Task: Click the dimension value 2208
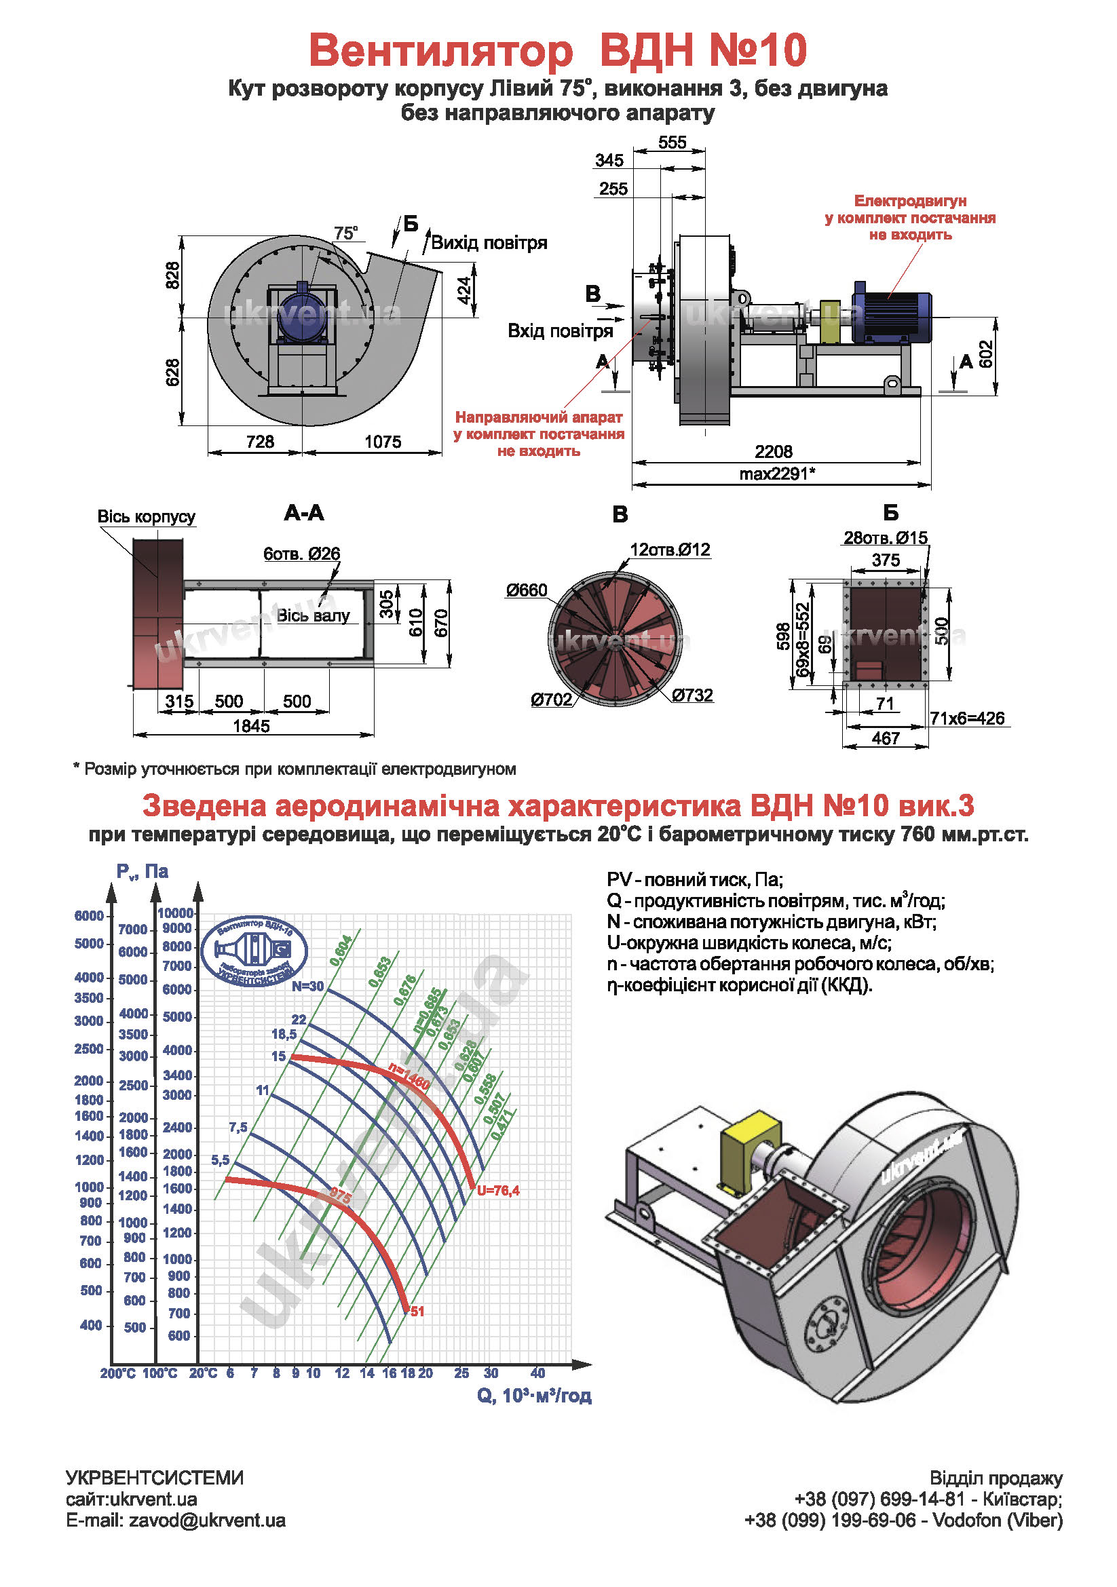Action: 773,451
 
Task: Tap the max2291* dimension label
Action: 777,474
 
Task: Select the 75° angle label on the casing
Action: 345,233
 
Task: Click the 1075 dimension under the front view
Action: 382,442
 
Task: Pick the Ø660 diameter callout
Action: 526,590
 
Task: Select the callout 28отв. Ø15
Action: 885,538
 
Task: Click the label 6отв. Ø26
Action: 301,554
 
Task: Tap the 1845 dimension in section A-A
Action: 251,726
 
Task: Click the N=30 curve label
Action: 307,987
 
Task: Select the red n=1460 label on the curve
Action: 409,1077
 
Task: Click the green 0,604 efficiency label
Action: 341,951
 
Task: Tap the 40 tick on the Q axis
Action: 537,1373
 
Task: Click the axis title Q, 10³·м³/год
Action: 533,1396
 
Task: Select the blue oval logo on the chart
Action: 254,951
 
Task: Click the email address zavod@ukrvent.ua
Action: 207,1520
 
